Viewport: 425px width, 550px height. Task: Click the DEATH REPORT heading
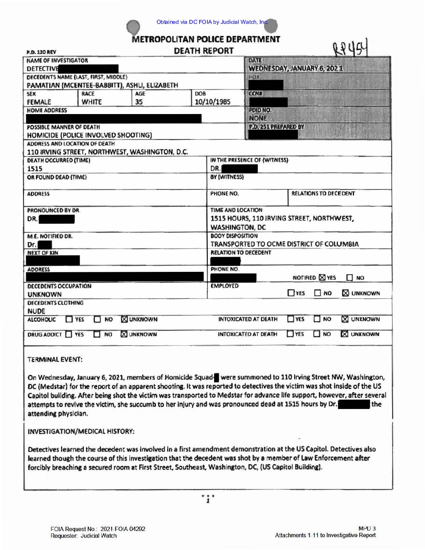tap(204, 51)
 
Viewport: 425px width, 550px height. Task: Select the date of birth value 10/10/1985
tap(212, 102)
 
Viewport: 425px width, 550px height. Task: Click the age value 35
tap(139, 102)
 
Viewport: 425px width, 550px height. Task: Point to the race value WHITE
tap(92, 102)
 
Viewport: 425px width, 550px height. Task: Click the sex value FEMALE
tap(39, 102)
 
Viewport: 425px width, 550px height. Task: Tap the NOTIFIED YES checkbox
tap(322, 277)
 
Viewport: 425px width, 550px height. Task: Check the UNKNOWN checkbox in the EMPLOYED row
tap(345, 293)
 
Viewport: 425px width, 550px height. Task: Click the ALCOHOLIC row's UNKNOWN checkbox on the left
tap(124, 319)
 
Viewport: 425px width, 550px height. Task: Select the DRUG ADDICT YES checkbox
tap(69, 334)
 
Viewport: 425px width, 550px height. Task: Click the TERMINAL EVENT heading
tap(55, 359)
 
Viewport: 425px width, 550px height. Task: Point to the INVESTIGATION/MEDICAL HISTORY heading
tap(81, 431)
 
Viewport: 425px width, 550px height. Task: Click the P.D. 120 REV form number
tap(41, 52)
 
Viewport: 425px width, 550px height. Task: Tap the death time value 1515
tap(35, 169)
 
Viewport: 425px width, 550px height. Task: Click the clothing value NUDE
tap(36, 311)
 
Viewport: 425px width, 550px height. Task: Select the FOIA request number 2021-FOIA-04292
tap(123, 529)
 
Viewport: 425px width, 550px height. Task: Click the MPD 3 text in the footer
tap(367, 529)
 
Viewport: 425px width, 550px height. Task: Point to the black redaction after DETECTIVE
tap(89, 69)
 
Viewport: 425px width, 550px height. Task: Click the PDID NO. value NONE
tap(258, 118)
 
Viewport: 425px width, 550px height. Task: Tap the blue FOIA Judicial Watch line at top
tap(212, 22)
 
